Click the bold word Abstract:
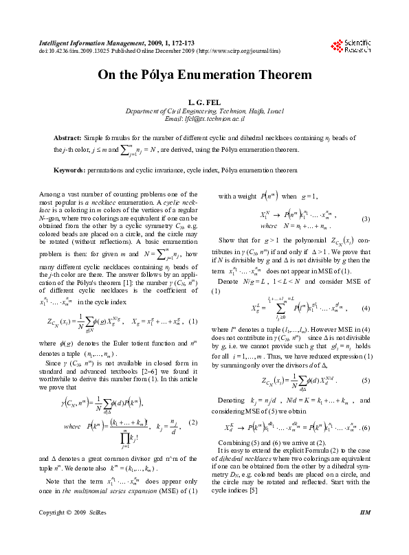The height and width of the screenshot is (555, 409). [68, 138]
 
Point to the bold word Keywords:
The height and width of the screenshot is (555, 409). [71, 170]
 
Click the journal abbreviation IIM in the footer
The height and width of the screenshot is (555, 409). [365, 532]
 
